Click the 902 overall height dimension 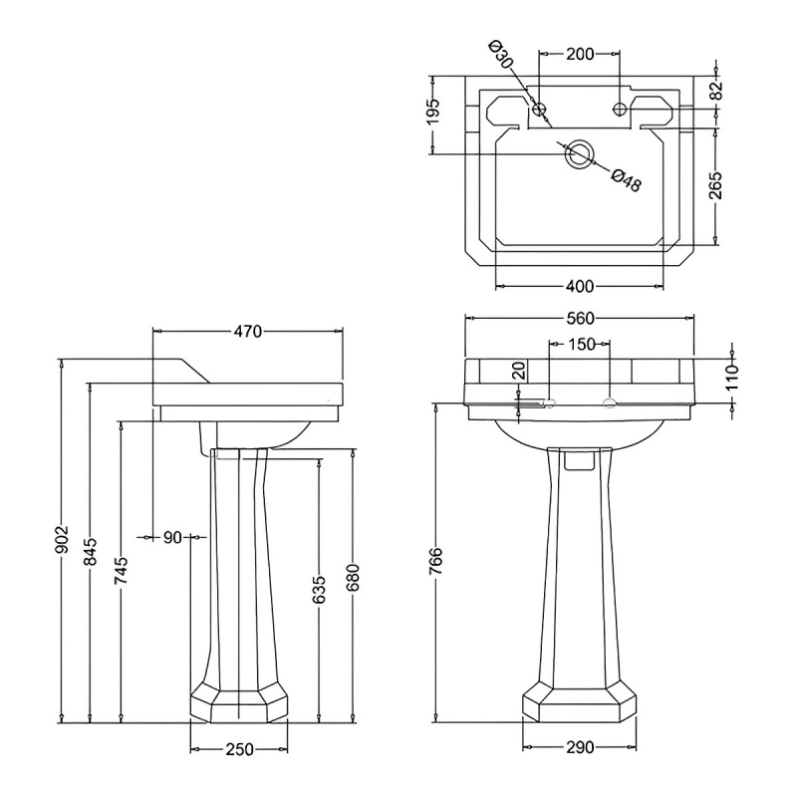(62, 539)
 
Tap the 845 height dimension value (91, 551)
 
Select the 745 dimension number (121, 571)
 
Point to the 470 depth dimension (247, 332)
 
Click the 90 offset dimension (172, 537)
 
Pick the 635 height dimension (319, 590)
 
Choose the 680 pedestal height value (354, 578)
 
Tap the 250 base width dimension (238, 749)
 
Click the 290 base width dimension (580, 747)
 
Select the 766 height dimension (435, 561)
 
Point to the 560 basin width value (580, 318)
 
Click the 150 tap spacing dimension (581, 344)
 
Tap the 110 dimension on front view (732, 378)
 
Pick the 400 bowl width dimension (580, 286)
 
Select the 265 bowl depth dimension (715, 184)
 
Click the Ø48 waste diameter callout (627, 180)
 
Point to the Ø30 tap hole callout (501, 55)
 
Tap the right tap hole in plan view (620, 109)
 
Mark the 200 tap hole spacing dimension (580, 54)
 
